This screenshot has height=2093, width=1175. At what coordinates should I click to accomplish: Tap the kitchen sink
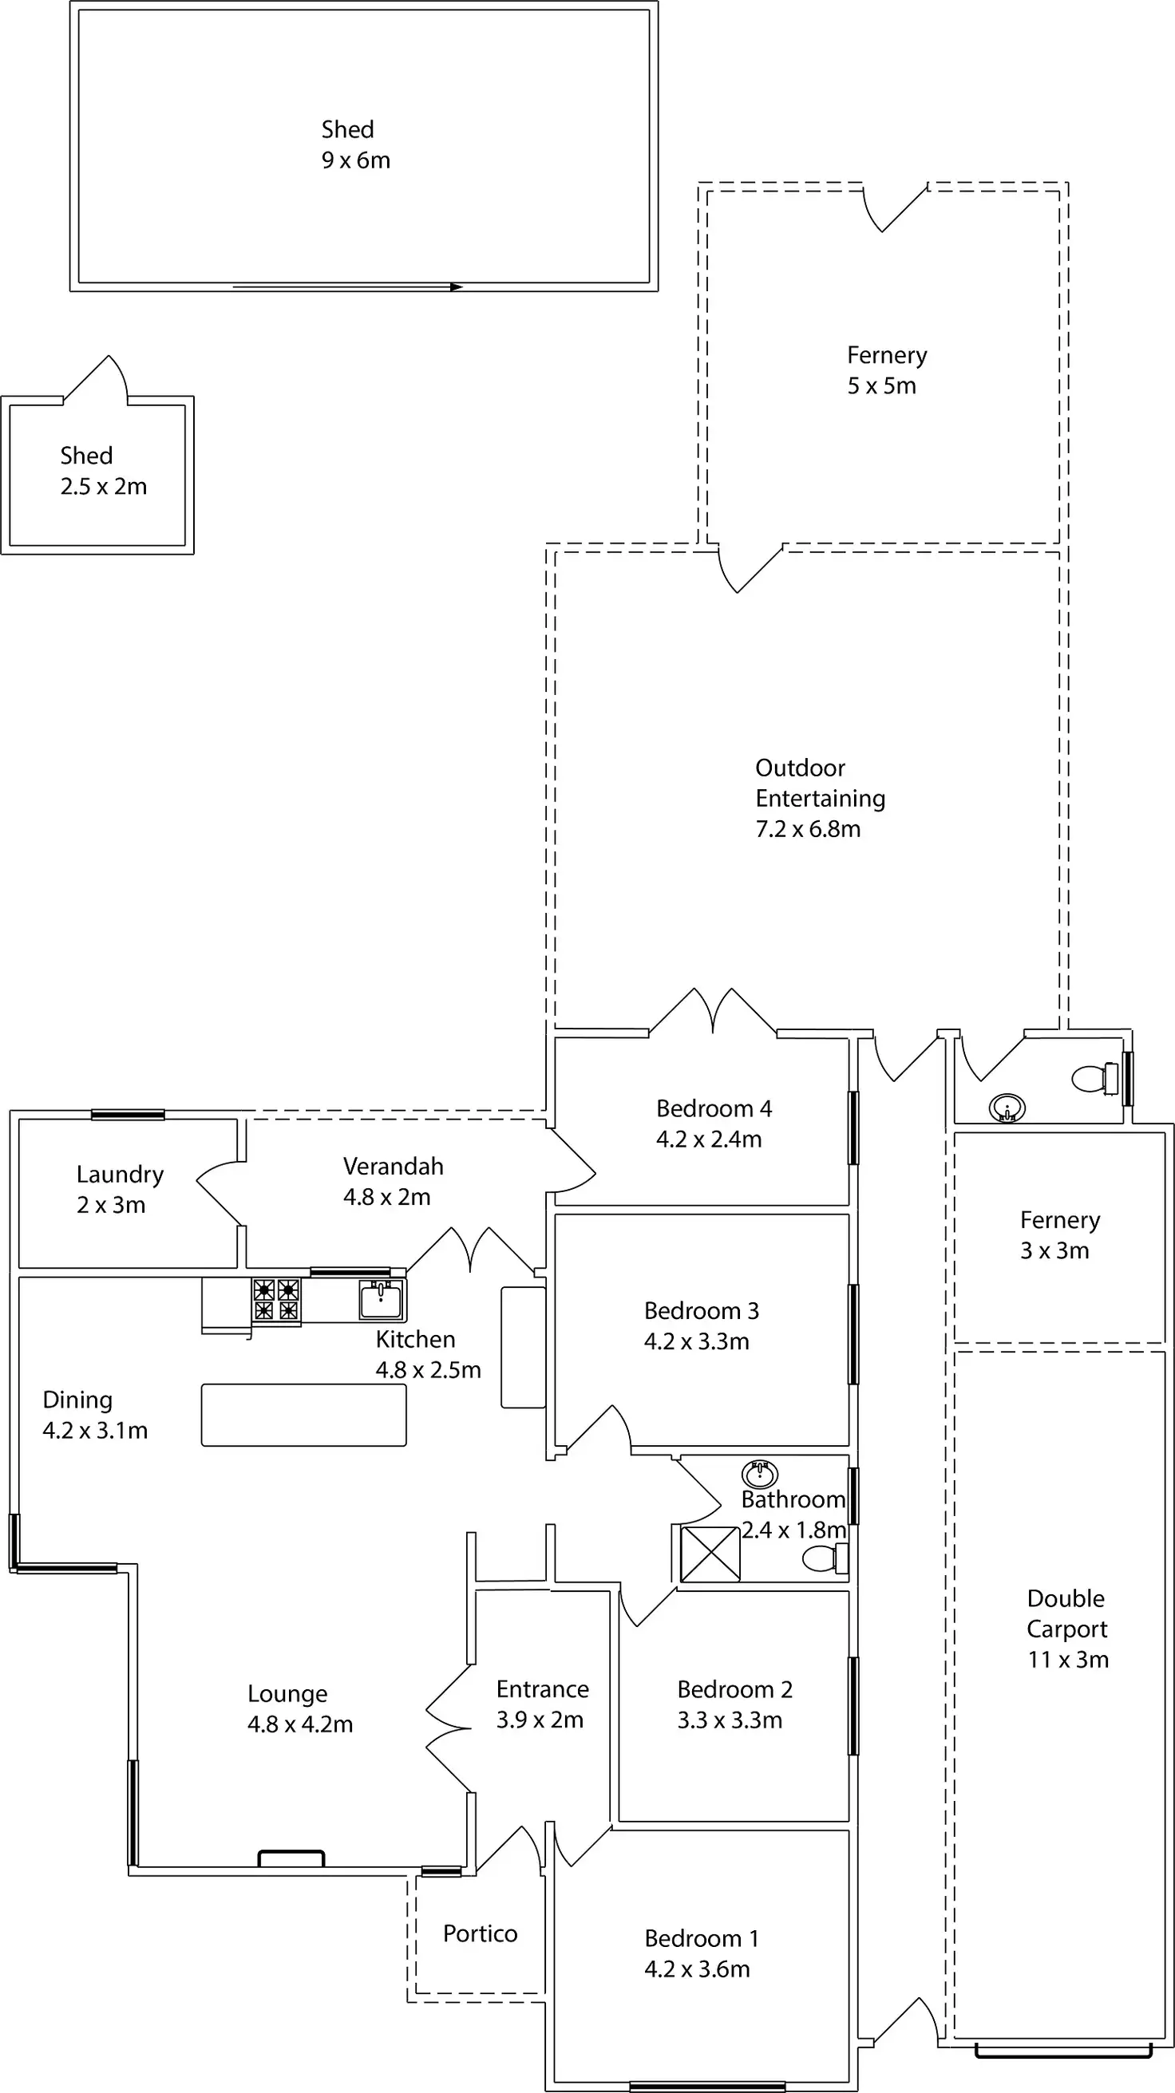pos(380,1299)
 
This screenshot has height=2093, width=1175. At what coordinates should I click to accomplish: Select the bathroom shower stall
pos(710,1554)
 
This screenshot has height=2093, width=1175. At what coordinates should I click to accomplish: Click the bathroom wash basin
pos(760,1474)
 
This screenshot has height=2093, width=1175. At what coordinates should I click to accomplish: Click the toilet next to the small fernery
pos(1094,1079)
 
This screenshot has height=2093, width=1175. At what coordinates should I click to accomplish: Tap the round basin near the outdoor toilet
pos(1007,1108)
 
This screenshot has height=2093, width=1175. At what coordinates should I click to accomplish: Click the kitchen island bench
pos(303,1415)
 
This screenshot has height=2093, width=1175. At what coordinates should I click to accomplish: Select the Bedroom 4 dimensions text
pos(709,1139)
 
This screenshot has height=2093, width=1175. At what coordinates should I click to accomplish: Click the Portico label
pos(480,1933)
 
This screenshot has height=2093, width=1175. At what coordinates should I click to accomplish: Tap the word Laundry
pos(120,1174)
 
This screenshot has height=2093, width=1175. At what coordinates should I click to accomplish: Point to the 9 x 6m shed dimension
pos(355,160)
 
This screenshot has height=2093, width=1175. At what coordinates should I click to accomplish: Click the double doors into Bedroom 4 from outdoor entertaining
pos(713,1013)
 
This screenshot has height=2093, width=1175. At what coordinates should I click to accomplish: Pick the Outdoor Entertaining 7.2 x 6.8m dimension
pos(808,829)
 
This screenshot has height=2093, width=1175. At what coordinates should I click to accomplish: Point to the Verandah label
pos(394,1166)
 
